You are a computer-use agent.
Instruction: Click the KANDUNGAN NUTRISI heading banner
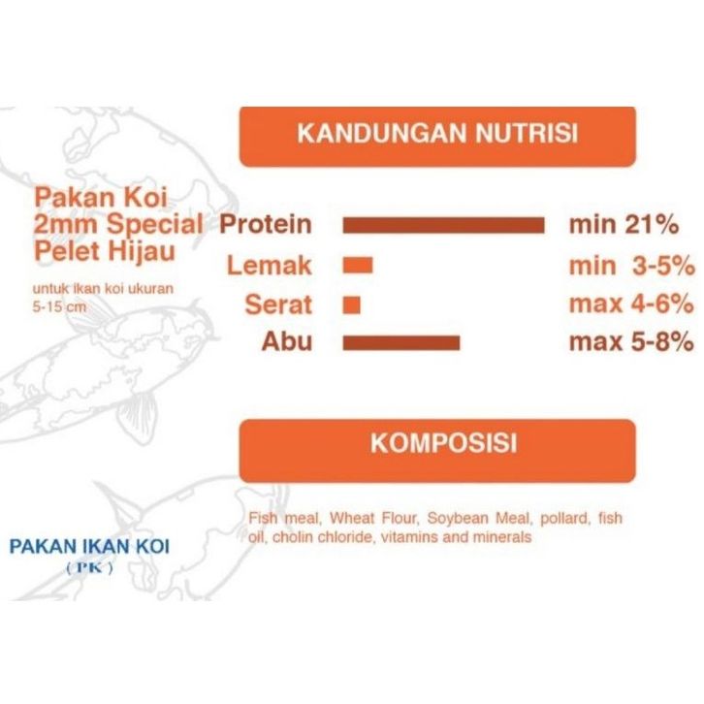(437, 137)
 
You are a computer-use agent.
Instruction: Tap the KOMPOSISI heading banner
(437, 451)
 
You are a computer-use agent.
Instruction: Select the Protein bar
(443, 225)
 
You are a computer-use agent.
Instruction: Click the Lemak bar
(358, 265)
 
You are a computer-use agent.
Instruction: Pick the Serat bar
(352, 304)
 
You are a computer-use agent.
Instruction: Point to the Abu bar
(401, 343)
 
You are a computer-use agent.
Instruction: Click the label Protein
(266, 224)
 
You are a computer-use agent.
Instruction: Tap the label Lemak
(269, 265)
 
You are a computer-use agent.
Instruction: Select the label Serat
(278, 304)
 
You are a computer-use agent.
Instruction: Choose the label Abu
(286, 341)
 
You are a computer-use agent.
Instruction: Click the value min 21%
(624, 224)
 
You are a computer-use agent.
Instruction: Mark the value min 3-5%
(632, 266)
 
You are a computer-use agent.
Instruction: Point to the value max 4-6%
(631, 304)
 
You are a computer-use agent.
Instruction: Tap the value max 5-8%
(631, 342)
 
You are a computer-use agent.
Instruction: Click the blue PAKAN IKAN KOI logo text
(90, 546)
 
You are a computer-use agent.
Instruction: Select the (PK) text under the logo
(90, 568)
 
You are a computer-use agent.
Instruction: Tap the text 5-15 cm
(59, 307)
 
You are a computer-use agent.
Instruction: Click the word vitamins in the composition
(409, 537)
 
